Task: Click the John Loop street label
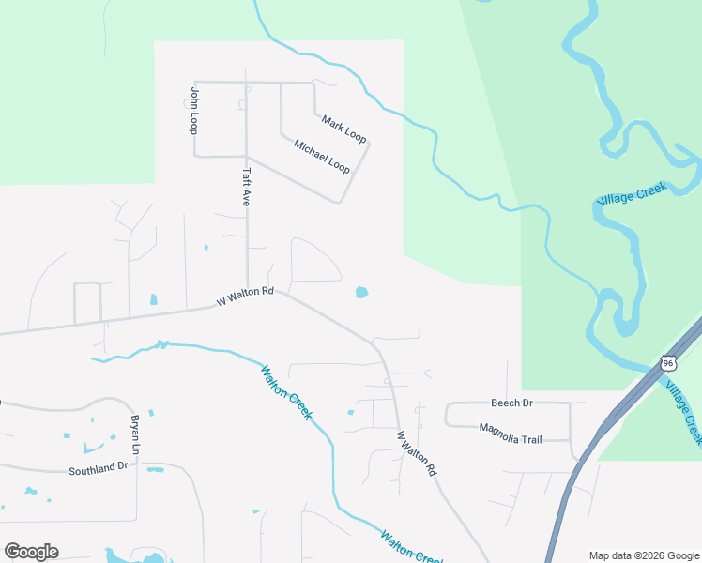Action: (x=194, y=111)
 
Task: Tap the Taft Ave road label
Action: (x=247, y=187)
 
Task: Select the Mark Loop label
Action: (x=343, y=129)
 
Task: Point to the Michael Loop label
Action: (x=322, y=157)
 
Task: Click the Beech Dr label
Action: (x=511, y=403)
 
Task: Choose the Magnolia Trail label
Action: (x=511, y=433)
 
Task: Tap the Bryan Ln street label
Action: (x=135, y=435)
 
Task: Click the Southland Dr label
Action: (x=98, y=467)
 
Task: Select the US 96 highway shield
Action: (x=667, y=362)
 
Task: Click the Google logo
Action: (x=31, y=552)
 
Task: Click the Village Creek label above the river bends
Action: (x=632, y=194)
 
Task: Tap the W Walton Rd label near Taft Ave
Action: (x=245, y=297)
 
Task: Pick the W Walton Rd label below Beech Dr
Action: (x=416, y=453)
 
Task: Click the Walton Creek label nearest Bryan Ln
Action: (x=285, y=392)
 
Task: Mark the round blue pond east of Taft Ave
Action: (x=361, y=293)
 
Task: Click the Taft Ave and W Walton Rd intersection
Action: (x=247, y=289)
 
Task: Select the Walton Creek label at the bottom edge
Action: (x=410, y=548)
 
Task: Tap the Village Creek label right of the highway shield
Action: (x=682, y=411)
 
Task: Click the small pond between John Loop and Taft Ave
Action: (x=206, y=248)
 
